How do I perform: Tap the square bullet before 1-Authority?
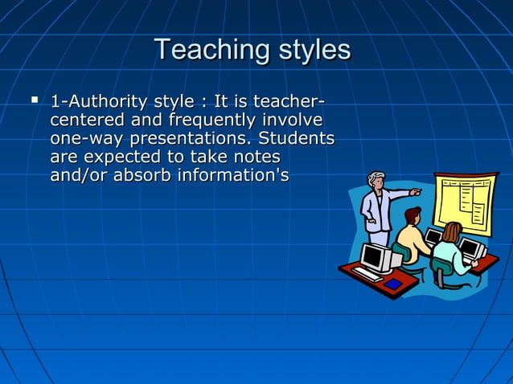click(34, 100)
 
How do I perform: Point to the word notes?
click(256, 157)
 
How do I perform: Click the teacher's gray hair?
click(376, 178)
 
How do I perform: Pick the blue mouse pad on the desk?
click(392, 284)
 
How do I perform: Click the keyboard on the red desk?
click(367, 274)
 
